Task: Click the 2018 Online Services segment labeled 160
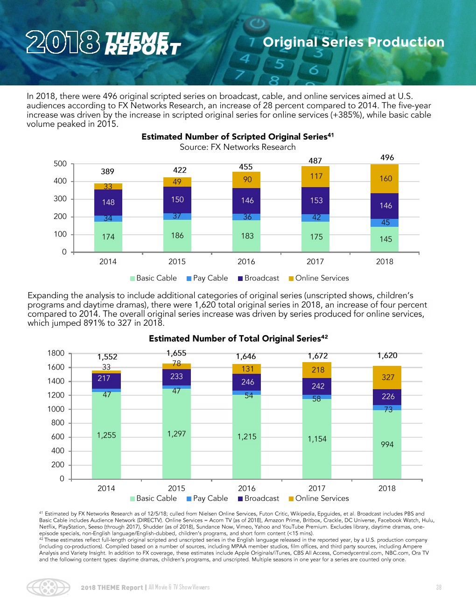pos(385,179)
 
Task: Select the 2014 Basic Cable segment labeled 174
pos(108,237)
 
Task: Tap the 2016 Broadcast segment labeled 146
pos(247,201)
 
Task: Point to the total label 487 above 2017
pos(315,161)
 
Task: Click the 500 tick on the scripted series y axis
pos(60,164)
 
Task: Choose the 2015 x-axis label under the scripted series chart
pos(177,262)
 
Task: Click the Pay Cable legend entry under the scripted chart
pos(207,278)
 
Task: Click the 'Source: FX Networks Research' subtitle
pos(238,147)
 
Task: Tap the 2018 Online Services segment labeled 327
pos(387,377)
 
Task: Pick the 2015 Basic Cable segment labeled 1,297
pos(176,434)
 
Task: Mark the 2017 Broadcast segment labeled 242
pos(317,386)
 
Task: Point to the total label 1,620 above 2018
pos(387,356)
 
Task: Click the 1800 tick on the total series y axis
pos(56,353)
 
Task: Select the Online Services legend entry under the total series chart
pos(319,498)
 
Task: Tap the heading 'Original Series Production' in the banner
pos(353,42)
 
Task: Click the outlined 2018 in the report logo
pos(63,42)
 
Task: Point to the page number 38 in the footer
pos(439,588)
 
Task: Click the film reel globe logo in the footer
pos(49,588)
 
